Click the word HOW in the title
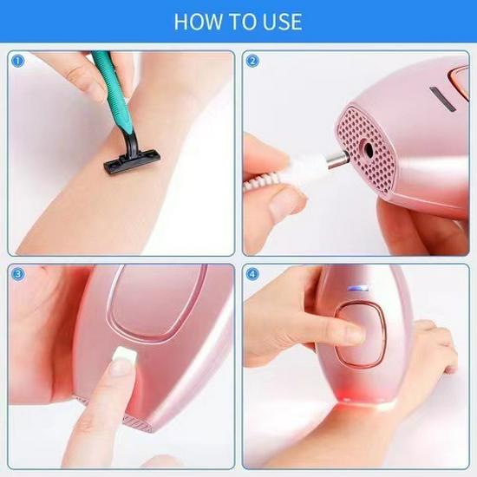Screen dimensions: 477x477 (198, 21)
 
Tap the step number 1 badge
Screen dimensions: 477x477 (14, 62)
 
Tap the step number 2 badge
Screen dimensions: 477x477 (252, 62)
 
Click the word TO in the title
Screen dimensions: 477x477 (238, 21)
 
